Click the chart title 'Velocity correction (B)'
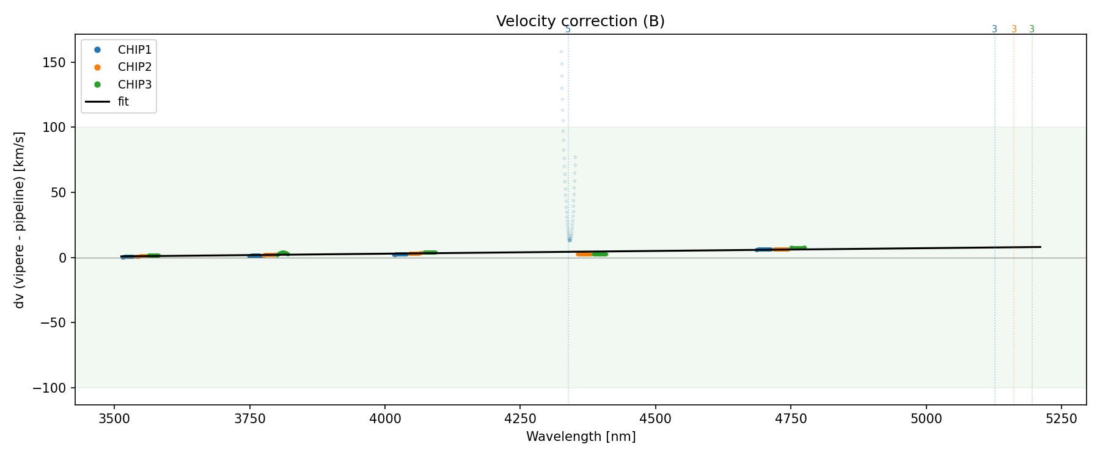580,21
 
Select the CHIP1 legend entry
134,50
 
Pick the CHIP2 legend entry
134,67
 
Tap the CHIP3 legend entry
134,85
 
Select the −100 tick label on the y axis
56,388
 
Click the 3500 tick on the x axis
114,418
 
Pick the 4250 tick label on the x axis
519,418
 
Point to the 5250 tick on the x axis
1061,418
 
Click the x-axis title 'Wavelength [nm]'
581,437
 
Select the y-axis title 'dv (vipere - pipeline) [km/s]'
20,220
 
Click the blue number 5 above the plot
568,29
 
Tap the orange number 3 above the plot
1014,29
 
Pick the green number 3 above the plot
1032,29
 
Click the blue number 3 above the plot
994,29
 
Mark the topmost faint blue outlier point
561,52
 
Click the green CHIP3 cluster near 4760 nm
798,248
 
